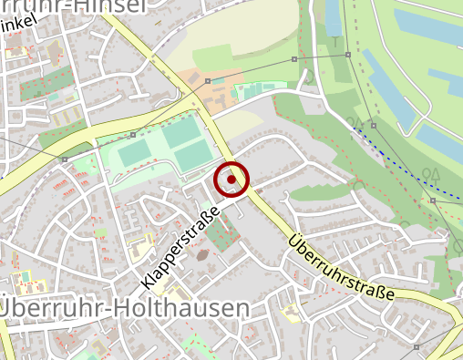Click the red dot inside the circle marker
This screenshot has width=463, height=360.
coord(231,180)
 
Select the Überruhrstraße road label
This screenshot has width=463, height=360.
coord(342,269)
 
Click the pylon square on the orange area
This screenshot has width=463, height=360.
coord(209,81)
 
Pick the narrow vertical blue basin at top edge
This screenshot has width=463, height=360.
coord(334,18)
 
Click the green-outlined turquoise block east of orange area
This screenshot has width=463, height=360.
coord(252,90)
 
